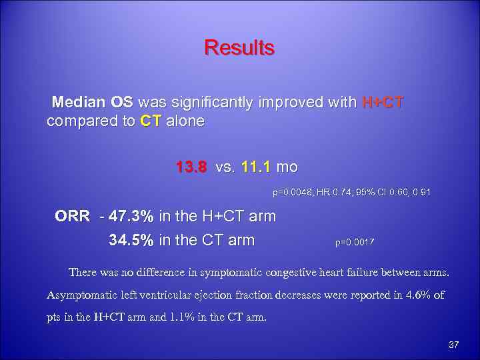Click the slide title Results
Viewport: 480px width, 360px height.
coord(239,48)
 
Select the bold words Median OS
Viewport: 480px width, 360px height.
coord(92,103)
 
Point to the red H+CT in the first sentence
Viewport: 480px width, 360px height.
coord(382,103)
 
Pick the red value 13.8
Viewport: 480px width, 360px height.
coord(192,166)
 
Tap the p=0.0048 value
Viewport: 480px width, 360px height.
coord(294,193)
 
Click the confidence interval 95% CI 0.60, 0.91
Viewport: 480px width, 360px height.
coord(396,193)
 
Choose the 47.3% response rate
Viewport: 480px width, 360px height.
coord(132,217)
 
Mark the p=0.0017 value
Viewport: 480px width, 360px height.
coord(355,243)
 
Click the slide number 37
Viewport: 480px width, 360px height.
coord(455,345)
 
